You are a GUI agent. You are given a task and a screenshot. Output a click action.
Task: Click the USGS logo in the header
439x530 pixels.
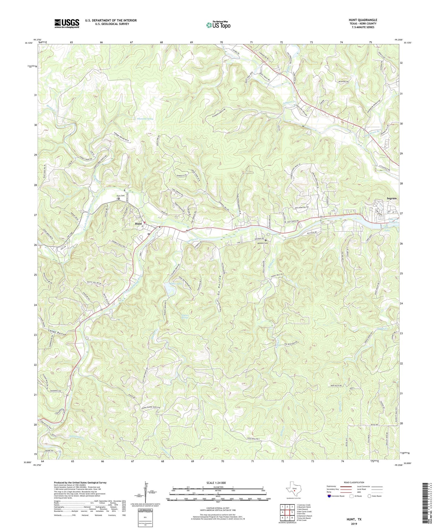[67, 23]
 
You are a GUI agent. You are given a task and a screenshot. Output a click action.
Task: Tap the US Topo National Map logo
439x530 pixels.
[218, 25]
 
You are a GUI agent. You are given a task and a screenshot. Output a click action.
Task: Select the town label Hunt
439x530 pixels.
[139, 224]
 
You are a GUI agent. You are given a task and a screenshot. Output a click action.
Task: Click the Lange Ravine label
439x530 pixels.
[57, 331]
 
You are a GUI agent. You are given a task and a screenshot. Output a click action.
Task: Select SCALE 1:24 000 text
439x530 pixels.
[218, 483]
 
